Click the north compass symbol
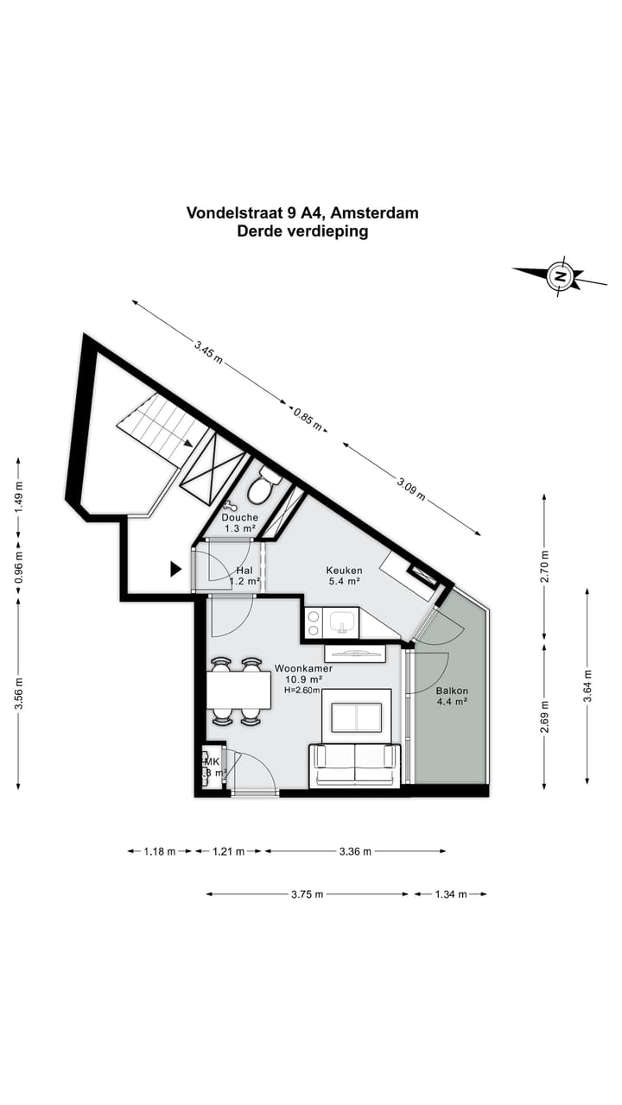(561, 277)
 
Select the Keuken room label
(344, 571)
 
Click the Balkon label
(451, 691)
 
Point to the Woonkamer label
(303, 668)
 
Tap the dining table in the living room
(238, 690)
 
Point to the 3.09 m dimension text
(411, 489)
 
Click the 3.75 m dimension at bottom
(308, 894)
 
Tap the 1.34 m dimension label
(451, 894)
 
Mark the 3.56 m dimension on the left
(18, 694)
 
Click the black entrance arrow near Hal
(175, 568)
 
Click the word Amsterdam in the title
(373, 212)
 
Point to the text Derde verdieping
(302, 231)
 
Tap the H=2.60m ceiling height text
(303, 690)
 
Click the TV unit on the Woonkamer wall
(354, 653)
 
